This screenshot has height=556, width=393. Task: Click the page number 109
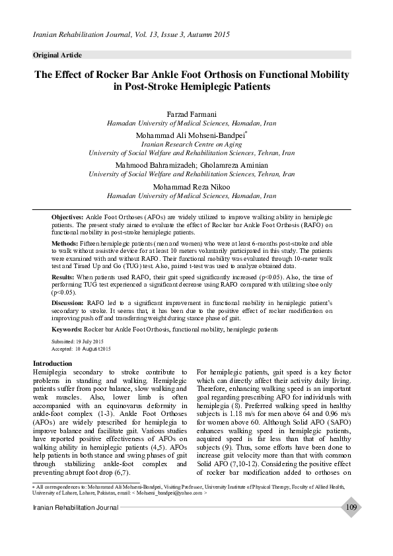point(351,507)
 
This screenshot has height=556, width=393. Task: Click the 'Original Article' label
point(57,55)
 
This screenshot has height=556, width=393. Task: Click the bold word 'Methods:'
point(65,244)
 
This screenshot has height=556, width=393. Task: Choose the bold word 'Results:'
point(63,277)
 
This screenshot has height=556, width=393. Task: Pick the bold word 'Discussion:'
point(68,302)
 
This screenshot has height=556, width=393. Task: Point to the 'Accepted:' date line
point(81,348)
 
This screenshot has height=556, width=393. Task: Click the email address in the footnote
point(174,493)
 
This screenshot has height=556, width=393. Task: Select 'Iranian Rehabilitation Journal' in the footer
point(76,507)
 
